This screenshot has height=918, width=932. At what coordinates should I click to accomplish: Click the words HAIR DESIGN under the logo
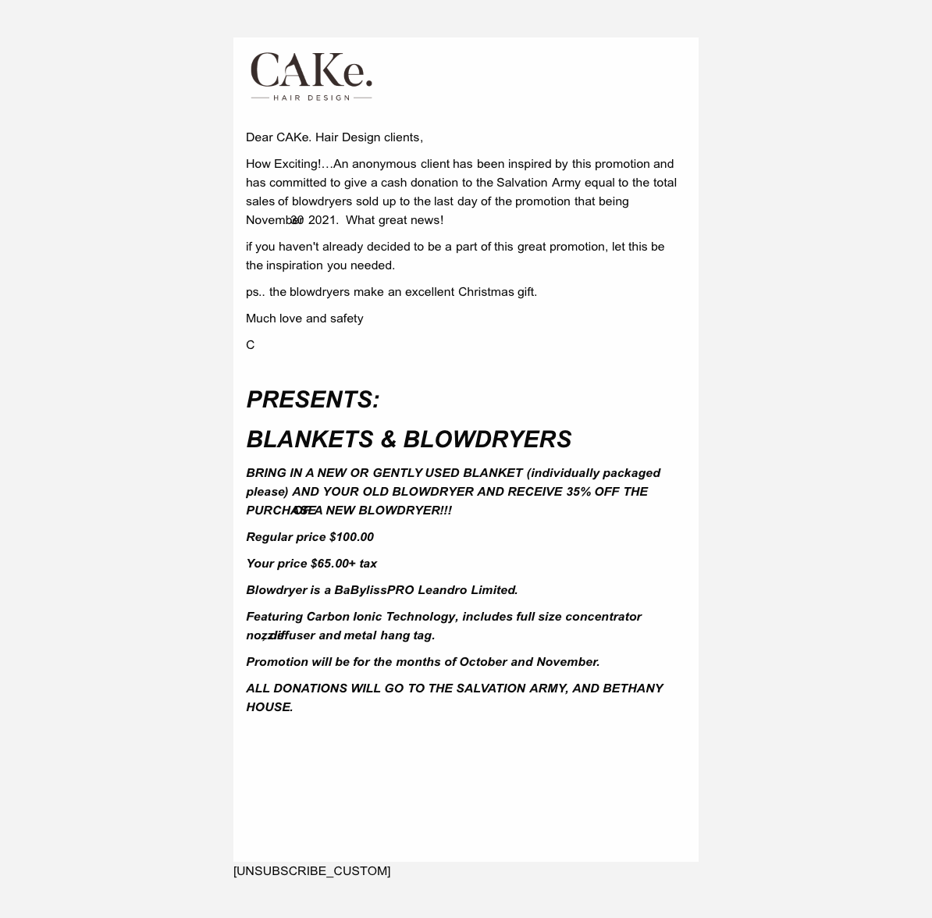[311, 98]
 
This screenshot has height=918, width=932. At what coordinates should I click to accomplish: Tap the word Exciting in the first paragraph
[296, 164]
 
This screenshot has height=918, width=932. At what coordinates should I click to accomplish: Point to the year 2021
[323, 220]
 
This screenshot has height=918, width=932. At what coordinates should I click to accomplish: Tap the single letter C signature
[251, 345]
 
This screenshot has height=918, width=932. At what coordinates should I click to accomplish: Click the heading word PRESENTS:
[313, 400]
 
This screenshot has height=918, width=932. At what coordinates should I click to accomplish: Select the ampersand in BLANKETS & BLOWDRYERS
[389, 439]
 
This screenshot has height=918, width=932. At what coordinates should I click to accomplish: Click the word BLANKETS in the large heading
[310, 439]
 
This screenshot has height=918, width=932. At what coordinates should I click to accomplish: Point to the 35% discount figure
[578, 492]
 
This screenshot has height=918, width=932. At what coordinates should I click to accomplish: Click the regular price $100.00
[351, 537]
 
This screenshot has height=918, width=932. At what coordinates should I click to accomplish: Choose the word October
[483, 662]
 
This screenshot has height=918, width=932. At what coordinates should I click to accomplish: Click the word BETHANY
[632, 688]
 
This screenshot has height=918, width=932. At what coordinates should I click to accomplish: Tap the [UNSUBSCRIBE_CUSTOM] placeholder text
[311, 871]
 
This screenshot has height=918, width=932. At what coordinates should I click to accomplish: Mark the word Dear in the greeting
[259, 137]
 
